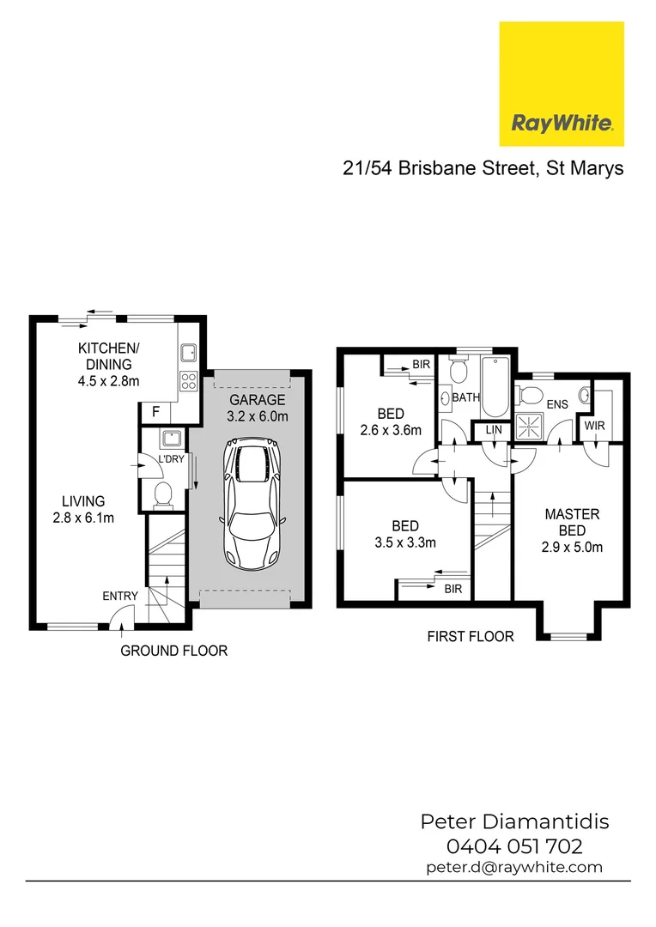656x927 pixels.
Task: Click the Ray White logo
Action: pos(562,83)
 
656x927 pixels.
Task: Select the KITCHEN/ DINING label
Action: pos(108,364)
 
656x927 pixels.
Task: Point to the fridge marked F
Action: pos(155,412)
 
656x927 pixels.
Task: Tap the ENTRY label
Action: pos(119,597)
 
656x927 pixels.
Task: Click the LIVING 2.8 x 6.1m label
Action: pos(83,509)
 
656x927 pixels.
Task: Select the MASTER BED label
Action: pos(572,530)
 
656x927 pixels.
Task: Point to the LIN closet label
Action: pos(493,430)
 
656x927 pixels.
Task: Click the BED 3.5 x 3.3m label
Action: pos(405,534)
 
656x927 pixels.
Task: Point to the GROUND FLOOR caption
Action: pos(173,651)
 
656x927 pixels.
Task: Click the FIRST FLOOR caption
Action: pos(471,636)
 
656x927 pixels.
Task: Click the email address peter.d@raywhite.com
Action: pos(514,867)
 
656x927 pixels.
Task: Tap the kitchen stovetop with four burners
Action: pos(189,380)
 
